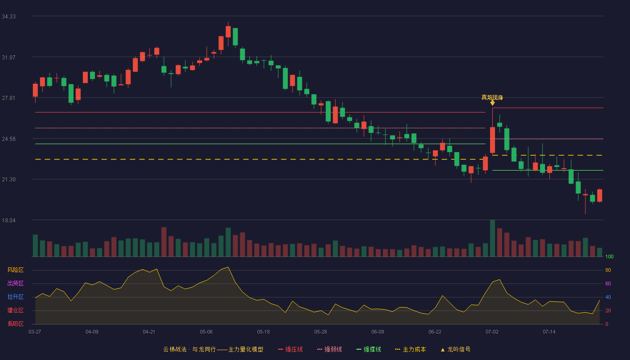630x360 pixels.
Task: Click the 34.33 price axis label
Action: click(9, 17)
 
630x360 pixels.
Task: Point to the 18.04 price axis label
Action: click(9, 220)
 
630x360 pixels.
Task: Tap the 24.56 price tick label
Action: click(9, 139)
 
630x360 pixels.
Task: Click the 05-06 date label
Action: click(206, 332)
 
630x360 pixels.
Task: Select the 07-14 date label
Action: click(549, 332)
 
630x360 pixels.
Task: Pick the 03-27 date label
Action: click(35, 332)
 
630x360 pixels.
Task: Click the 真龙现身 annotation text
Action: click(492, 97)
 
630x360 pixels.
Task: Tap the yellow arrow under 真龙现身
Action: click(492, 103)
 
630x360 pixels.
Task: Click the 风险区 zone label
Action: click(15, 270)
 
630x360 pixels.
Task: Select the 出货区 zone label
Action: click(15, 283)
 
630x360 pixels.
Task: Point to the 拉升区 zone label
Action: click(15, 297)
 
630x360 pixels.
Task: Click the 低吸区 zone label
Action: click(15, 324)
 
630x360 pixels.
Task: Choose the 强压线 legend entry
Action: click(290, 349)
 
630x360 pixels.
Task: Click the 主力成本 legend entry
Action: click(410, 349)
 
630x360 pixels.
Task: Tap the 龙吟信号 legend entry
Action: click(455, 349)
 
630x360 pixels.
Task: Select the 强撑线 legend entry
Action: click(369, 349)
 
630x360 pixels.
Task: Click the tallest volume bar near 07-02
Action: click(492, 238)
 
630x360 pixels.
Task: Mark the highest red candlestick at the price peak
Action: click(228, 32)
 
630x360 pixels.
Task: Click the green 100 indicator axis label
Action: click(609, 256)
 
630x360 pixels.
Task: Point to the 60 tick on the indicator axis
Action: click(608, 283)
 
